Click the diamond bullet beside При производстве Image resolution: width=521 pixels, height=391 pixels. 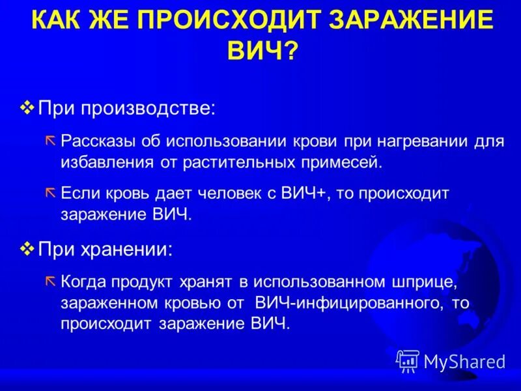[27, 106]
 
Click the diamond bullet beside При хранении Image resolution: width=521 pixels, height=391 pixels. [27, 248]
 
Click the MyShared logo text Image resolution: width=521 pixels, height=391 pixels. [464, 362]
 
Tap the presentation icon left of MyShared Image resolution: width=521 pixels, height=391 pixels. [408, 361]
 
